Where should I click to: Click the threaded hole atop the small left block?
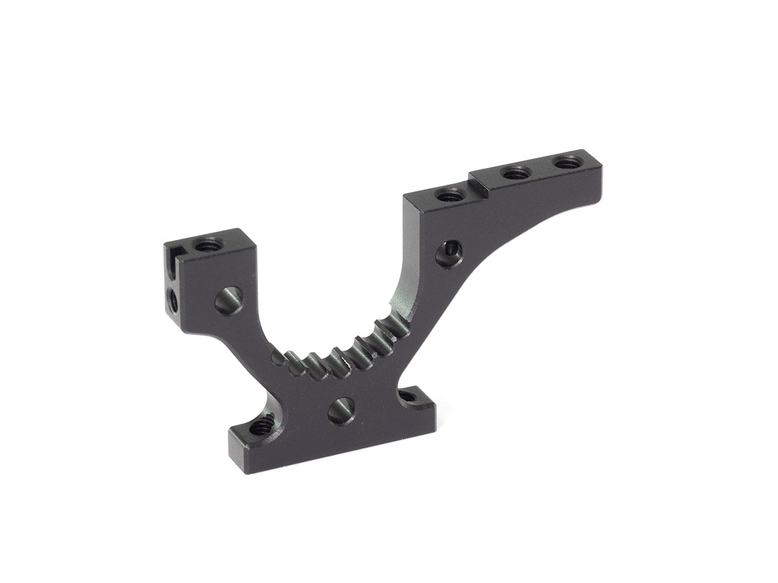pos(208,245)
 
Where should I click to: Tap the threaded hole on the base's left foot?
pos(260,426)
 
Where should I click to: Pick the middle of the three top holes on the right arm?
pos(515,173)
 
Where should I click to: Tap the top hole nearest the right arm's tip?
pos(566,162)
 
